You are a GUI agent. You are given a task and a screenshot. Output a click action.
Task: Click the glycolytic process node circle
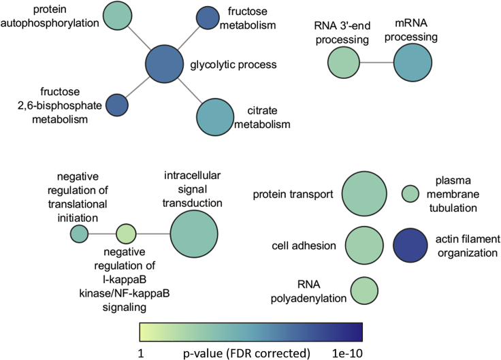[165, 65]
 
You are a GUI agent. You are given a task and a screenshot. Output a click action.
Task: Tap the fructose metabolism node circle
[207, 18]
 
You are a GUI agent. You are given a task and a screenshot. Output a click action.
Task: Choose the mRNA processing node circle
[413, 65]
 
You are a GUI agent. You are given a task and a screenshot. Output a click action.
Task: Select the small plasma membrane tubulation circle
[410, 194]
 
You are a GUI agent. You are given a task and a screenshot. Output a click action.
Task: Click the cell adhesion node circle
[364, 246]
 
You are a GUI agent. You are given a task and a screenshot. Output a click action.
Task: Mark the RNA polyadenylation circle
[364, 289]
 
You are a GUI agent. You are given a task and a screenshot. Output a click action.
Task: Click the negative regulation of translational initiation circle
[80, 234]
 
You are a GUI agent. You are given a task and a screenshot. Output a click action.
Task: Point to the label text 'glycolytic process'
[233, 66]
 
